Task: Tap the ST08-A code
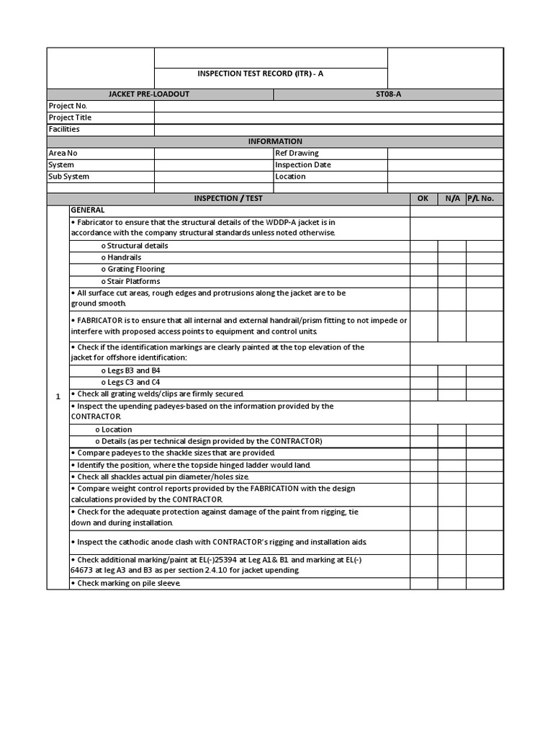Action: coord(388,94)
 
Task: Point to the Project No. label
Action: coord(68,106)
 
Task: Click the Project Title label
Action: coord(70,117)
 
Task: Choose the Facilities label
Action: coord(64,130)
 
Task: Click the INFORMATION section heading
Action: coord(275,141)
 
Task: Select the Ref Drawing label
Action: coord(297,154)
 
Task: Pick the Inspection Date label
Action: coord(303,165)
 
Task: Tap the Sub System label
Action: coord(69,177)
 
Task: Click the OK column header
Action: coord(423,198)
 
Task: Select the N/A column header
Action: coord(452,198)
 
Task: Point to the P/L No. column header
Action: coord(480,198)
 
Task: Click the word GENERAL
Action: coord(88,210)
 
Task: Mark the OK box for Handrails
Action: coord(424,257)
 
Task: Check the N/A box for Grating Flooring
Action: coord(452,270)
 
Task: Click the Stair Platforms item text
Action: coord(130,281)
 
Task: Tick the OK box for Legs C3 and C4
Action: coord(424,382)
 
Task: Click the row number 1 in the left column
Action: coord(58,396)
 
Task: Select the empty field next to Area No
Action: coord(214,154)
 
